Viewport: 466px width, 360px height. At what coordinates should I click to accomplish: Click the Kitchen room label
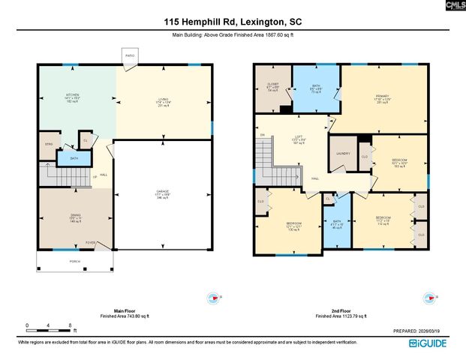[x=71, y=97]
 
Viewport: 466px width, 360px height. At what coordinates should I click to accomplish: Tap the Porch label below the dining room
[x=74, y=261]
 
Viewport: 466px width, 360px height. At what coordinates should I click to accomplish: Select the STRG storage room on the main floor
[x=49, y=143]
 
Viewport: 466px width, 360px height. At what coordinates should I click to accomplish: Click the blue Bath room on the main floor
[x=74, y=158]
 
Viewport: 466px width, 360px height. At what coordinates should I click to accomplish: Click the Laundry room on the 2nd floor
[x=343, y=154]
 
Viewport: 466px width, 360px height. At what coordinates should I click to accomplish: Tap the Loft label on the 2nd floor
[x=297, y=139]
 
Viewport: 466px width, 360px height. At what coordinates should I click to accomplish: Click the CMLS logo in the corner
[x=453, y=6]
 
